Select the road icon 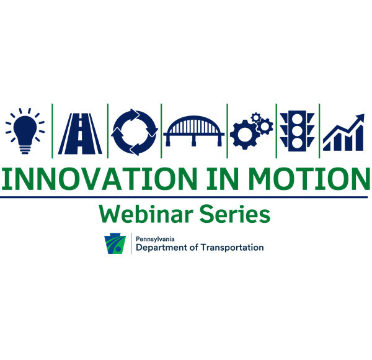[x=80, y=133]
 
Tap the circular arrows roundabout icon [x=135, y=132]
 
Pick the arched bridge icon [x=194, y=131]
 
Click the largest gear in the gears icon [x=245, y=135]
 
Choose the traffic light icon [x=297, y=131]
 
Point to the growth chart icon [x=343, y=132]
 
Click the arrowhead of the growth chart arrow [x=360, y=117]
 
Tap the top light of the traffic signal [x=297, y=119]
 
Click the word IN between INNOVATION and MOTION [x=223, y=179]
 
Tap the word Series [x=234, y=214]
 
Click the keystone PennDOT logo [x=115, y=243]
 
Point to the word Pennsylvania [x=155, y=240]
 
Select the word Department [x=161, y=248]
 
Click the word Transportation [x=232, y=248]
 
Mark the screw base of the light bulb [x=25, y=150]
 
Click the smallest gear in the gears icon [x=255, y=117]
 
